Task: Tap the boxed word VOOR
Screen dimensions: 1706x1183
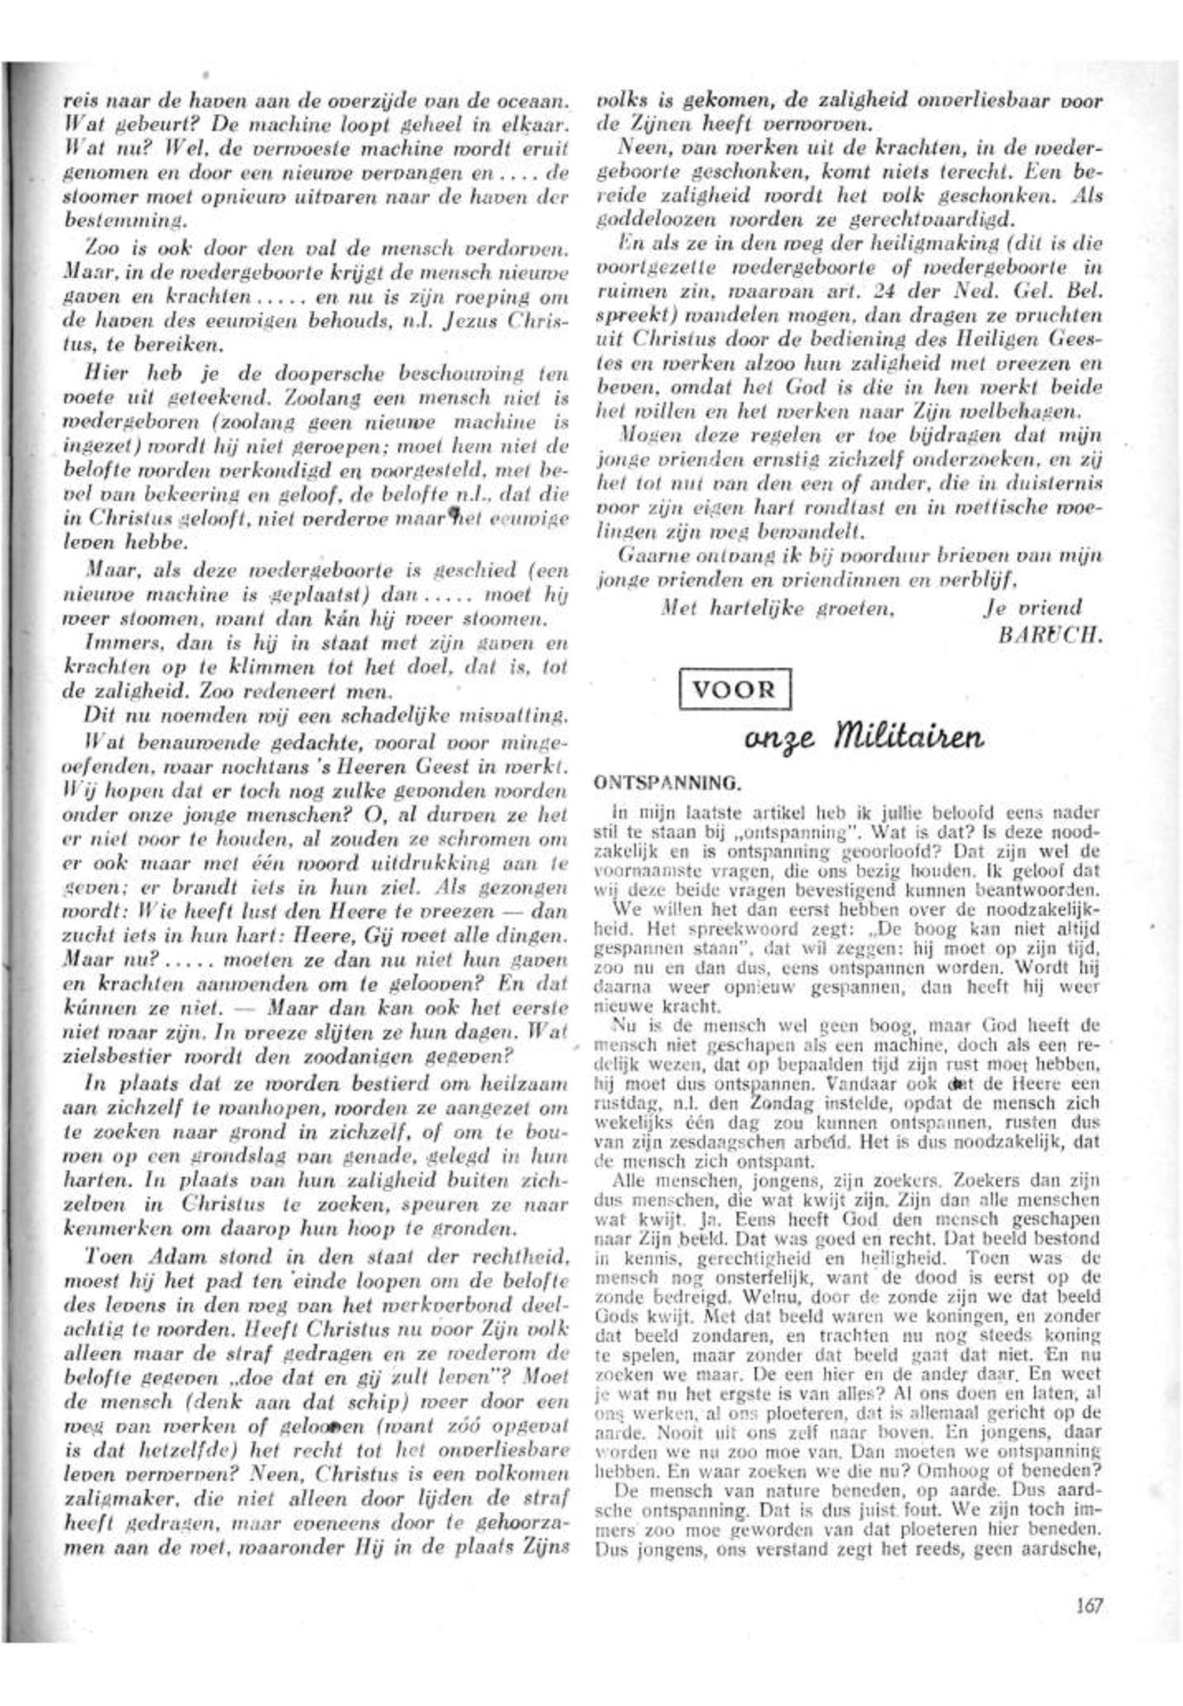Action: (735, 689)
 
